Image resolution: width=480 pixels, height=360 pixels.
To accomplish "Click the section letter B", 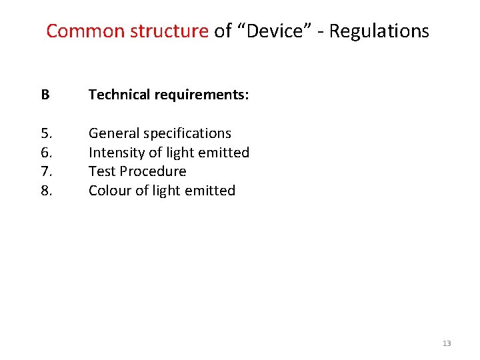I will (45, 95).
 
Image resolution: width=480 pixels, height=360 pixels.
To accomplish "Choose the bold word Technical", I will (119, 95).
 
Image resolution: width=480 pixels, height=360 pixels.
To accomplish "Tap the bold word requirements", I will (201, 95).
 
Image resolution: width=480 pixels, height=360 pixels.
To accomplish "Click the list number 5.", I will (46, 133).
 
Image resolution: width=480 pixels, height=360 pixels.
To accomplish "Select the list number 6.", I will (46, 153).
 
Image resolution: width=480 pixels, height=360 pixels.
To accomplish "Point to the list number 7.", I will (46, 171).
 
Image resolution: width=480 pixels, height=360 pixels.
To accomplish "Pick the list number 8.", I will (46, 191).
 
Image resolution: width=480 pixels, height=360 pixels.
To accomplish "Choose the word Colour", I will (110, 191).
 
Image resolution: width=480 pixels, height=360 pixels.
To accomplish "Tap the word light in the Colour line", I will (169, 191).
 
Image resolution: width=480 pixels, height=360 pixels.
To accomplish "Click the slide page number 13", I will (447, 343).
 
